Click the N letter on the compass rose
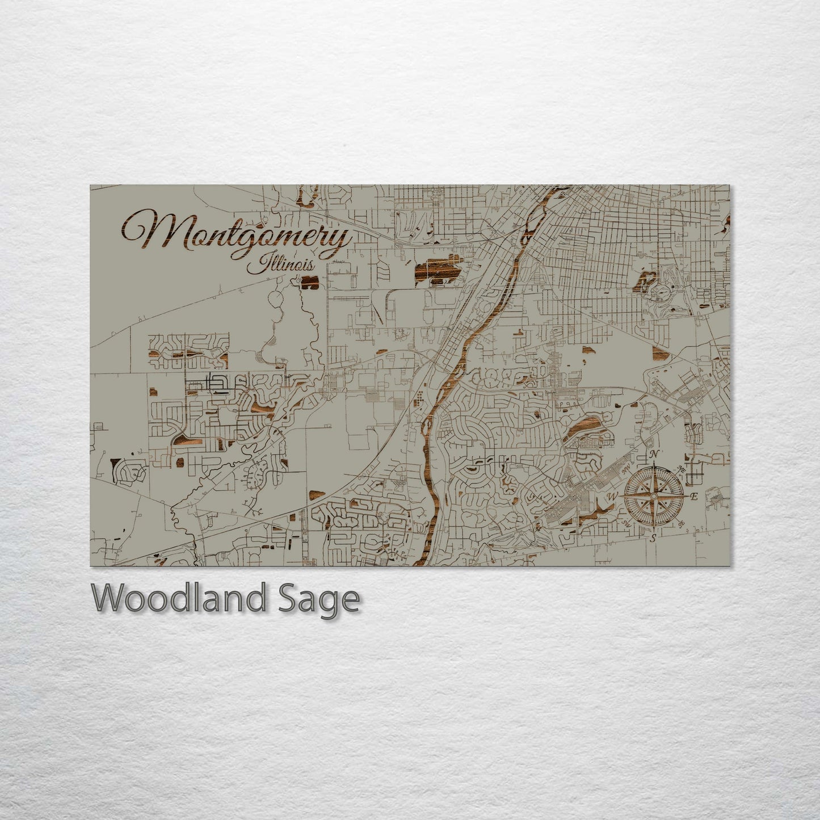coord(654,454)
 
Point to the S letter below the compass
coord(654,538)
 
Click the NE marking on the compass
coord(682,468)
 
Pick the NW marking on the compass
coord(626,469)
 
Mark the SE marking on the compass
coord(682,524)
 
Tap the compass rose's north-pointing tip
coord(654,463)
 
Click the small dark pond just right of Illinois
coord(310,281)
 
